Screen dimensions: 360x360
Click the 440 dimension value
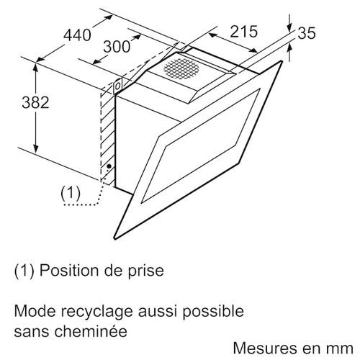pyautogui.click(x=77, y=35)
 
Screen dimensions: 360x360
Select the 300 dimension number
pyautogui.click(x=117, y=47)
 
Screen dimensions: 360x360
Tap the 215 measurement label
pyautogui.click(x=244, y=31)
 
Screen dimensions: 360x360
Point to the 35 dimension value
pyautogui.click(x=307, y=33)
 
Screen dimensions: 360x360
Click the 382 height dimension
pyautogui.click(x=35, y=102)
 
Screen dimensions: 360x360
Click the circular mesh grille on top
pyautogui.click(x=181, y=68)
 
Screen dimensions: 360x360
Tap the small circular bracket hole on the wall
pyautogui.click(x=118, y=86)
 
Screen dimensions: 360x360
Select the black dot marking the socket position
pyautogui.click(x=109, y=166)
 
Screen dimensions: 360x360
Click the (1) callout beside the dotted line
pyautogui.click(x=71, y=193)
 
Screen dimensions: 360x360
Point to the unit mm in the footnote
pyautogui.click(x=341, y=349)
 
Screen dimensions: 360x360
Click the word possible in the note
pyautogui.click(x=213, y=312)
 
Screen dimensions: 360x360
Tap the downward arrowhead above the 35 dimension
pyautogui.click(x=290, y=28)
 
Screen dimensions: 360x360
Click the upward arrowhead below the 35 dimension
pyautogui.click(x=289, y=49)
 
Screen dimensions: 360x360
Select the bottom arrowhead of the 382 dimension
pyautogui.click(x=36, y=148)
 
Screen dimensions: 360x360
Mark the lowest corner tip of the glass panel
pyautogui.click(x=115, y=239)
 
